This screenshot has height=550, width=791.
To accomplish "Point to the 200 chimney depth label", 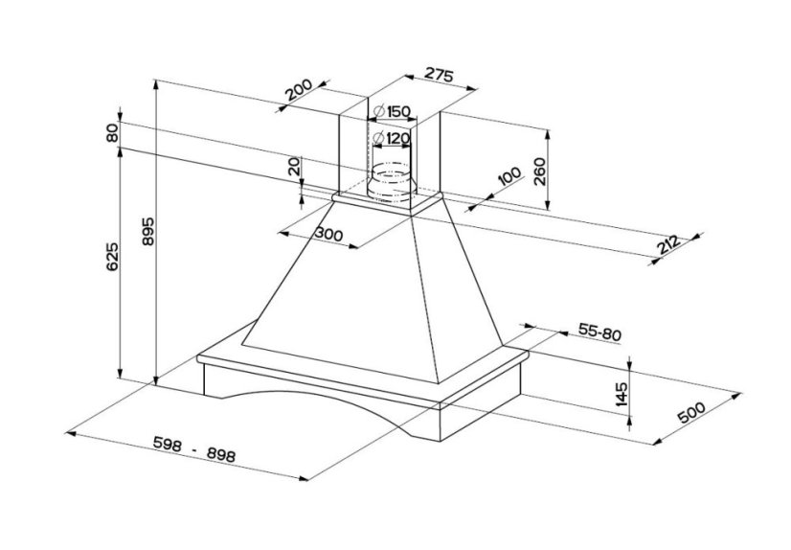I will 300,92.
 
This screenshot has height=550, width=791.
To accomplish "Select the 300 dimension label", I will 328,236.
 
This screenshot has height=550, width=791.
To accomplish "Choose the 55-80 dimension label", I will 599,332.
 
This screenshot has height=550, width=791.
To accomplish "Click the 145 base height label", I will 621,393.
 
